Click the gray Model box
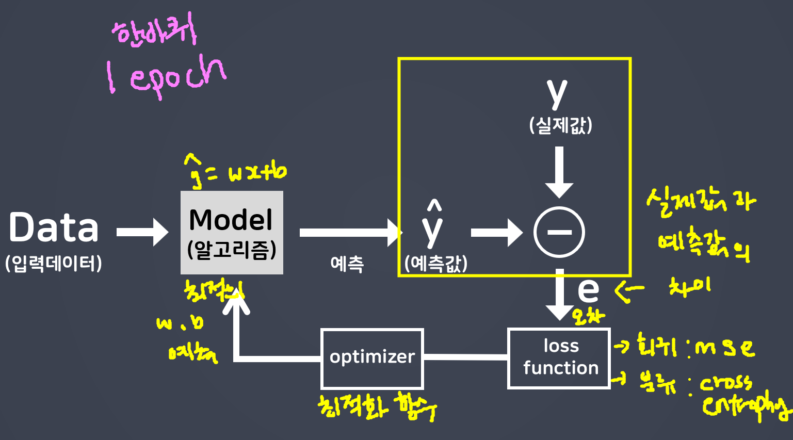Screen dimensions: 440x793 pos(232,232)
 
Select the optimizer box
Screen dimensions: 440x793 pos(372,358)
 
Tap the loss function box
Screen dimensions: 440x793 pos(559,358)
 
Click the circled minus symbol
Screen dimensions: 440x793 pos(559,232)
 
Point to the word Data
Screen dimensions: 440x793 pos(54,228)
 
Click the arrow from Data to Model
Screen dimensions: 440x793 pos(142,232)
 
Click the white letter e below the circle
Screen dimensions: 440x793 pos(588,290)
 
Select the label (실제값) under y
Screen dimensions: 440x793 pos(560,125)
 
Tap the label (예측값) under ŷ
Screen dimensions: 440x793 pos(436,263)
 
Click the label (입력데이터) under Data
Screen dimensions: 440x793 pos(54,263)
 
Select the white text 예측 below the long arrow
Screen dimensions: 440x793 pos(347,264)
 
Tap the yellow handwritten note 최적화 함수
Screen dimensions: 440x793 pos(377,406)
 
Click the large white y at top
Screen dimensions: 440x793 pos(557,93)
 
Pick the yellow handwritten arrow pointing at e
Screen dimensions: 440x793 pos(629,291)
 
